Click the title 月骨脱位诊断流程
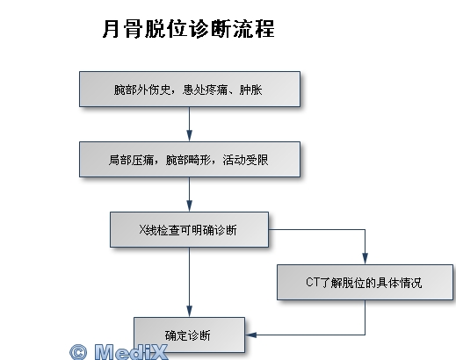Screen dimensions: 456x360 point(189,29)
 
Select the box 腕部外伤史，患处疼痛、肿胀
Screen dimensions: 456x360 point(190,89)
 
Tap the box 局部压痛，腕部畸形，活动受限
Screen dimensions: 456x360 point(190,160)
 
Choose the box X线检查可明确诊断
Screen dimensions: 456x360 point(189,230)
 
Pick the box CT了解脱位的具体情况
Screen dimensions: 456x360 point(365,283)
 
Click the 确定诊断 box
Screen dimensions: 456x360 point(189,335)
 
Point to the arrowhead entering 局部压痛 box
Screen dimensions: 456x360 point(190,136)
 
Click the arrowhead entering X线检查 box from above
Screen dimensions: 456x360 point(190,206)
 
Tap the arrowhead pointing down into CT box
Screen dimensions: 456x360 point(365,259)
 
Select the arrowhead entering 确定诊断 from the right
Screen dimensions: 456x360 point(250,335)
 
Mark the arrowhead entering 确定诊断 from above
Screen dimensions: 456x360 point(190,312)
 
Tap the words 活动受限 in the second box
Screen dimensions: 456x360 point(245,160)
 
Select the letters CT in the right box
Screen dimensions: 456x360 point(312,283)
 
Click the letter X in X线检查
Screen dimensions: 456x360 point(142,230)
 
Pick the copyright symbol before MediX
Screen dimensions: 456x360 point(78,352)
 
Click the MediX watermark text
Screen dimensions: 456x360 point(131,352)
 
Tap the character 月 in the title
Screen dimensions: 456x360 point(112,29)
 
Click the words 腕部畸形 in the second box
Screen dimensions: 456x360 point(188,160)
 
